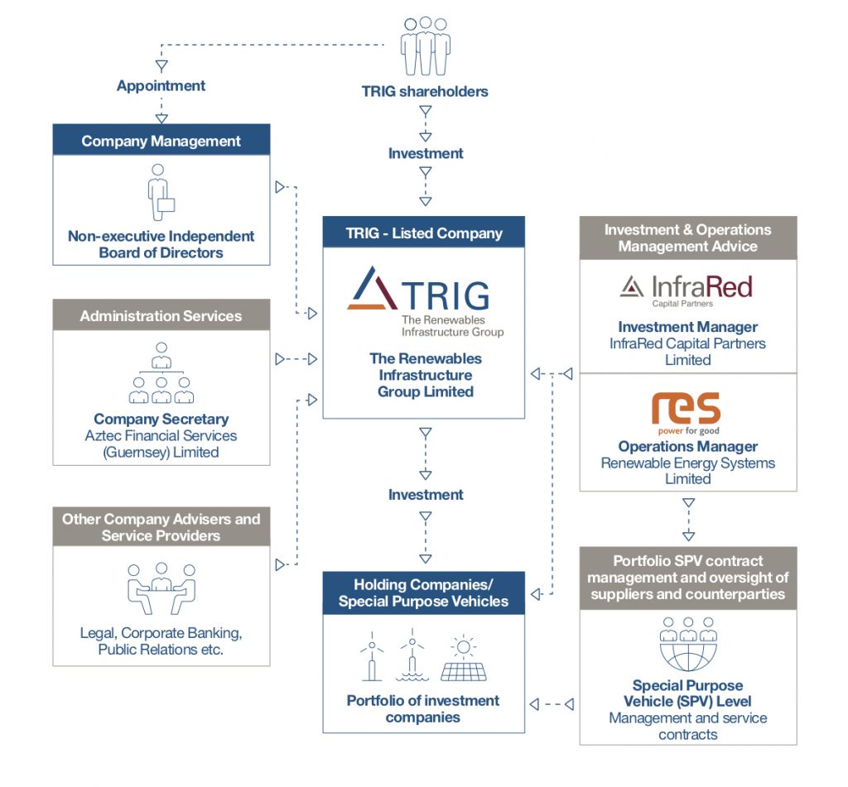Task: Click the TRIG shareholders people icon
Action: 425,46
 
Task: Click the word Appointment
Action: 161,85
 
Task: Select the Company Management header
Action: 161,141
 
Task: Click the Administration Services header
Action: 161,315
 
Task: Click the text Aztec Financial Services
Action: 161,435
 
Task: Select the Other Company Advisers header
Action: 161,527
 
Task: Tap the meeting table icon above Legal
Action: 161,588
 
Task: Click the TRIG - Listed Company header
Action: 424,233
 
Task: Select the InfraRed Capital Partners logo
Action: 687,290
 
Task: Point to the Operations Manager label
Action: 687,447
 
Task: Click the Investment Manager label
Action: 687,327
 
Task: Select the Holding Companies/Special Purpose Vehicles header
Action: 423,593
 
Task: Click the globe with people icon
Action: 687,645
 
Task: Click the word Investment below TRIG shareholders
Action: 425,153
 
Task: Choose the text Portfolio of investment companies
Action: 423,708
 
